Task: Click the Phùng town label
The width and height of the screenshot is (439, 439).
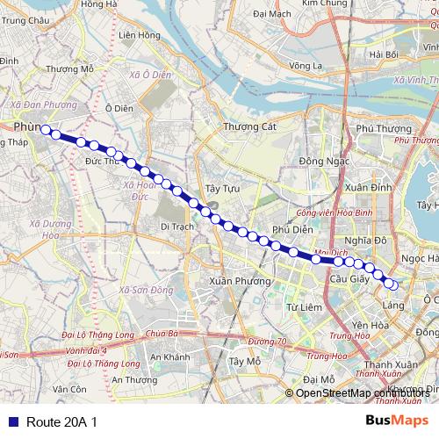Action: pos(26,127)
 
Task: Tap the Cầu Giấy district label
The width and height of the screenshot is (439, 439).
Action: pos(345,278)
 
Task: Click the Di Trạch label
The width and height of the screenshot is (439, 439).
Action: pos(176,226)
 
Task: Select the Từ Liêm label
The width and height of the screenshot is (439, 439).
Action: pos(301,306)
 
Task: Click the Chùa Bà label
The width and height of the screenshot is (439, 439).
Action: pos(162,334)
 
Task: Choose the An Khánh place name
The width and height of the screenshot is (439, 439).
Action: pos(169,357)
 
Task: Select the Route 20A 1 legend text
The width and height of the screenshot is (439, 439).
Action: pos(61,421)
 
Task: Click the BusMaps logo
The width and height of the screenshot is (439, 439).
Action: pos(397,421)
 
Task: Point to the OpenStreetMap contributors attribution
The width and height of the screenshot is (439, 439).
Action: pos(362,393)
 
